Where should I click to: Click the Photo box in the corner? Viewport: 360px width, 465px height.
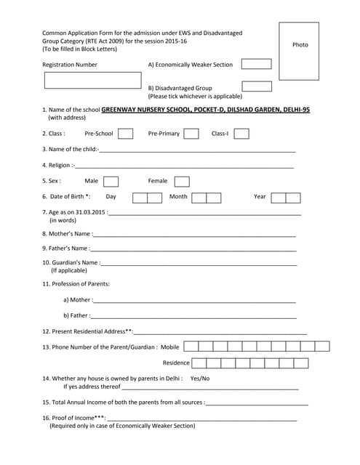click(x=299, y=51)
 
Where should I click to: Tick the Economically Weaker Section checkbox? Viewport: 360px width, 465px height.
click(x=256, y=64)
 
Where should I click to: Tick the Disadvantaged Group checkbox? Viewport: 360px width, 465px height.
click(x=256, y=86)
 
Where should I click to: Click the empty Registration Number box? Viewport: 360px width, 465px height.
click(x=92, y=80)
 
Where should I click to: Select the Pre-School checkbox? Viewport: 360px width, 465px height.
click(x=125, y=134)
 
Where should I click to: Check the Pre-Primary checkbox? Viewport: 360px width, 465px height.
click(x=191, y=134)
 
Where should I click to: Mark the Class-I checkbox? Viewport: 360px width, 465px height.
click(x=241, y=134)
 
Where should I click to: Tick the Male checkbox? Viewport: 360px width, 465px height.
click(x=111, y=181)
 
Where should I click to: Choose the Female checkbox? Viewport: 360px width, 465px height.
click(x=182, y=181)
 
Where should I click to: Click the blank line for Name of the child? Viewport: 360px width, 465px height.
click(x=196, y=150)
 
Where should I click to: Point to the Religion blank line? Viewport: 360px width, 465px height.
click(x=185, y=166)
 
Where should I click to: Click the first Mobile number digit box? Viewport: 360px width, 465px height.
click(x=191, y=347)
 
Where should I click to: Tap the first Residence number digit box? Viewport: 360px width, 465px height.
click(x=199, y=363)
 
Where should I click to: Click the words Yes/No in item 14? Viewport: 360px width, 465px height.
click(x=199, y=379)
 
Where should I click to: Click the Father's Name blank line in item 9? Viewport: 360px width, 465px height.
click(x=194, y=249)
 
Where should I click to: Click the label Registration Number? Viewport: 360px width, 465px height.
click(x=70, y=65)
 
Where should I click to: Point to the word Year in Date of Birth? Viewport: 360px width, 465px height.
click(x=260, y=197)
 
